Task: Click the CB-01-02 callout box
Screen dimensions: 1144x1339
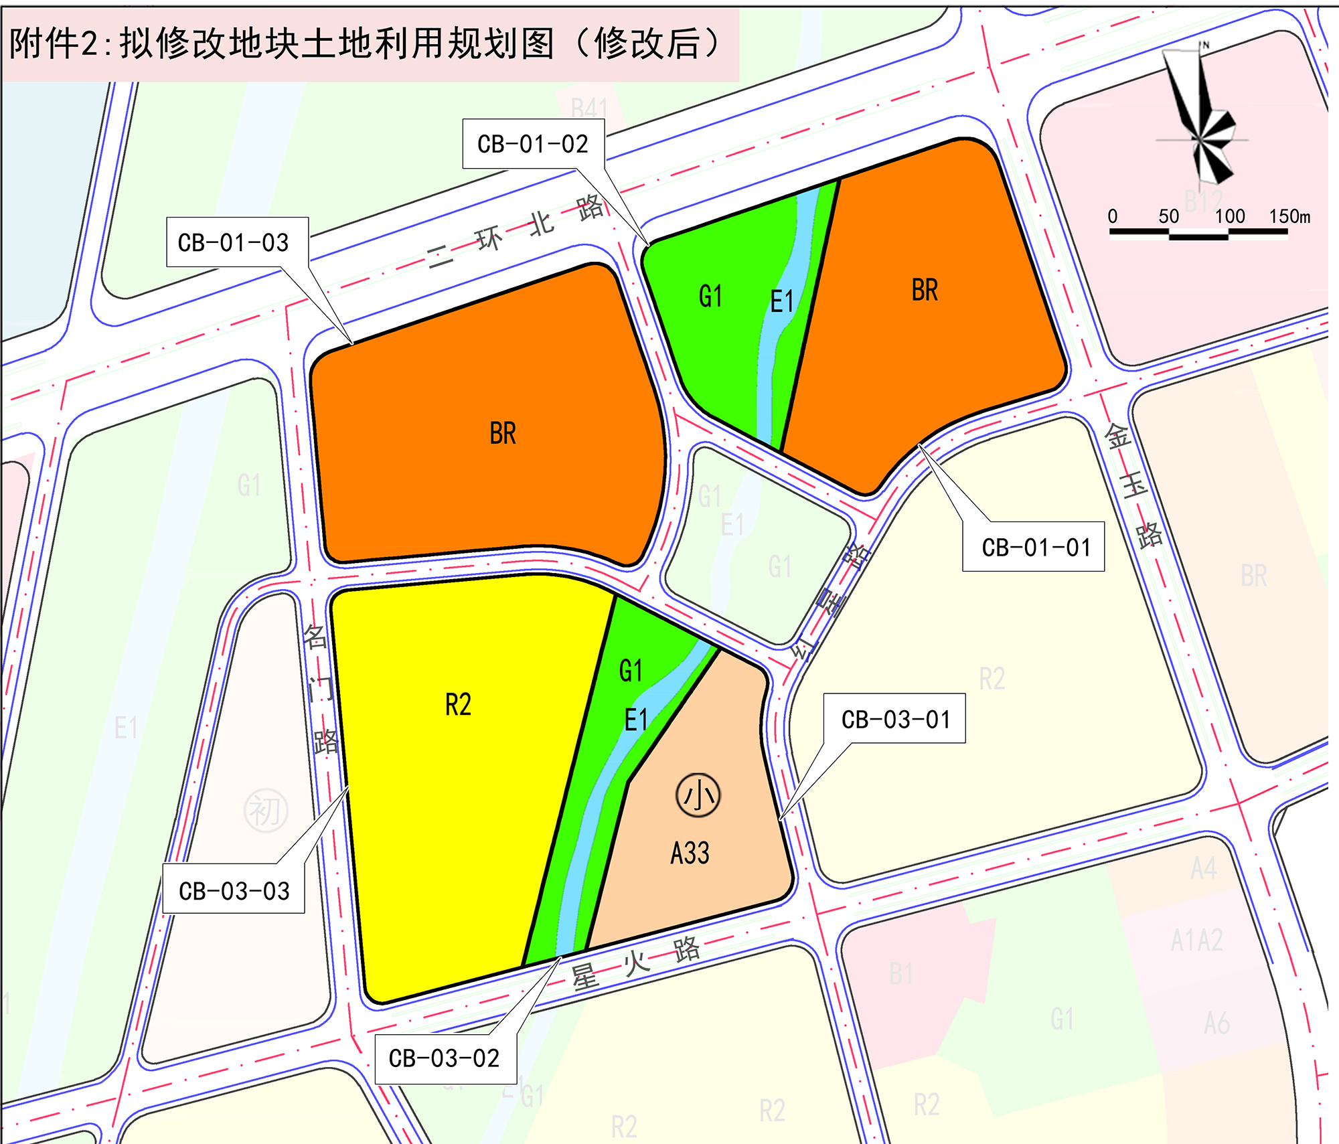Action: click(533, 144)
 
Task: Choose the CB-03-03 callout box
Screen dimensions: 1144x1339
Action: click(234, 890)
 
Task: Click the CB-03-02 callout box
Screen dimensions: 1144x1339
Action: click(445, 1058)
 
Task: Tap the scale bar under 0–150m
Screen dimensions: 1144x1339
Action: click(1198, 234)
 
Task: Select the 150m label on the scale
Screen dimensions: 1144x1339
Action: click(1289, 216)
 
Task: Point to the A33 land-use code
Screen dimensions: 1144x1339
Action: click(690, 853)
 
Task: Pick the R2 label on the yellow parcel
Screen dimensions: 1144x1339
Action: click(459, 705)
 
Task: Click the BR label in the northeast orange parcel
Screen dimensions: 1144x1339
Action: click(925, 291)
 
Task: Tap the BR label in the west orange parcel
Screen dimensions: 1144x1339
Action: click(503, 434)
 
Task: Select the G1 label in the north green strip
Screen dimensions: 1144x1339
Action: click(710, 296)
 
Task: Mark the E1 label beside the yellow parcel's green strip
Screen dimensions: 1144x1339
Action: click(636, 720)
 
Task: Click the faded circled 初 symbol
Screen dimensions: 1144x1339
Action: click(266, 811)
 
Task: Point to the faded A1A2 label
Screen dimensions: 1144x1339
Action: click(1196, 940)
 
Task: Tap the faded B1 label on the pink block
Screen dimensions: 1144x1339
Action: click(901, 974)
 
